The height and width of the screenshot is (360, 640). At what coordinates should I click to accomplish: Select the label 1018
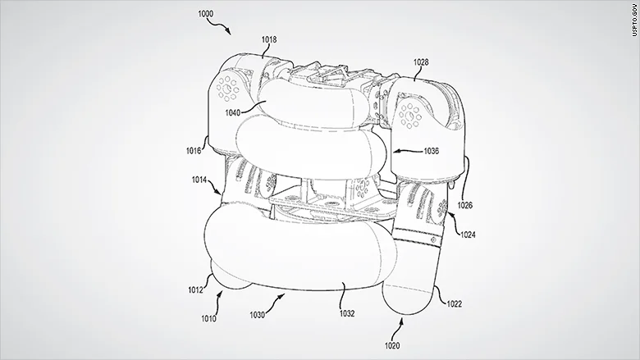tap(270, 38)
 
